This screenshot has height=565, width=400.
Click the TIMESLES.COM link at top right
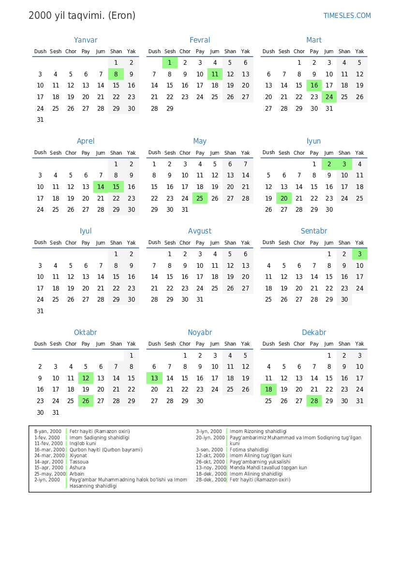347,15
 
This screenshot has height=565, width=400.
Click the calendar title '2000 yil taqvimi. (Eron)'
82,15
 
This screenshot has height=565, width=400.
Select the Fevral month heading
200,40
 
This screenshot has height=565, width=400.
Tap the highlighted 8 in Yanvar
116,74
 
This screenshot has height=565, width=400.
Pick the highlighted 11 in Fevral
215,74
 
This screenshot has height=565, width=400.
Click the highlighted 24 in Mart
329,97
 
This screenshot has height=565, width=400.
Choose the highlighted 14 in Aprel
101,187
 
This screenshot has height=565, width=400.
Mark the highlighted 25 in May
200,198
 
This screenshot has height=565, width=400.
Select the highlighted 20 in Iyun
284,198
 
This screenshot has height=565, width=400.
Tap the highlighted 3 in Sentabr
359,254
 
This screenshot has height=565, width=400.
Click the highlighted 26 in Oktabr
86,401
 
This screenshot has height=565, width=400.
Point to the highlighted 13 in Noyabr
154,378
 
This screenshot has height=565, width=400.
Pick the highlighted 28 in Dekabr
314,401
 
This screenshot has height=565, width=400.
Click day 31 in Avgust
200,300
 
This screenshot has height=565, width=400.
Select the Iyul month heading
86,231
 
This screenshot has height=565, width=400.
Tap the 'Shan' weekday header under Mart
344,51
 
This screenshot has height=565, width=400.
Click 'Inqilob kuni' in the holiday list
83,443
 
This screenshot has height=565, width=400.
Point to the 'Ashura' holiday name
77,467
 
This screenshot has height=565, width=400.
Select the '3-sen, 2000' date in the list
209,449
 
